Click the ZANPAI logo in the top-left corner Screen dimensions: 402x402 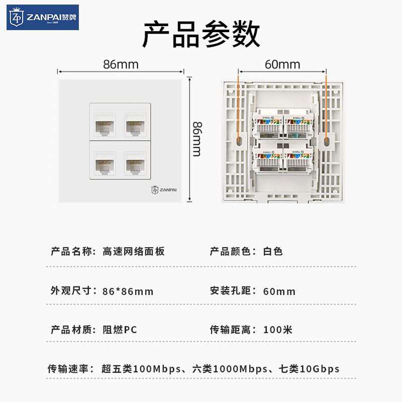43,18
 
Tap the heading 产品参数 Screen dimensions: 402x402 201,35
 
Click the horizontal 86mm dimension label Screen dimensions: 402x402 121,64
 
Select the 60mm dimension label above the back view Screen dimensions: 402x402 282,64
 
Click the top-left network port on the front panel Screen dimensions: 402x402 105,123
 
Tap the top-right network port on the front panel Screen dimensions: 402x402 135,123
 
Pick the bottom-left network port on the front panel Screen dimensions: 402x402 105,164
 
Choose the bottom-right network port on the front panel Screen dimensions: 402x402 135,164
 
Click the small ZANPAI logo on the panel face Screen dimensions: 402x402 164,190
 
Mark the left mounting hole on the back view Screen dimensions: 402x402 239,141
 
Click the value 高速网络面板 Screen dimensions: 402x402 133,251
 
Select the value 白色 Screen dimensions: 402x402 273,251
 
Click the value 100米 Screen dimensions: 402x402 277,330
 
